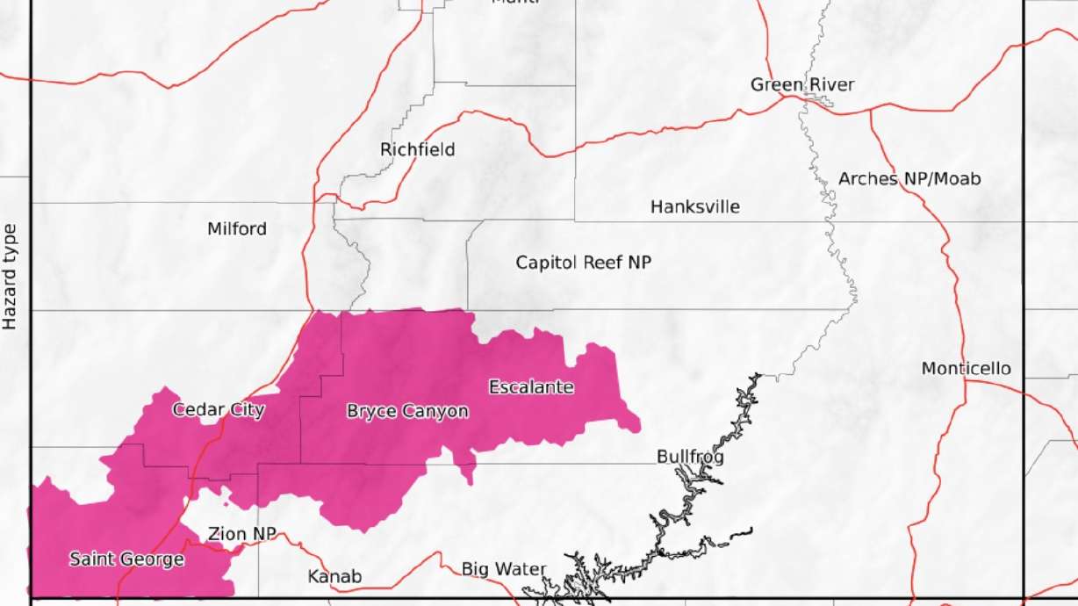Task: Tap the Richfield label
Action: [x=418, y=149]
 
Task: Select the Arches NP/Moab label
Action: [x=909, y=178]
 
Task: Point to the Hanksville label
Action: [x=695, y=207]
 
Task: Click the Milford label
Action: [x=237, y=229]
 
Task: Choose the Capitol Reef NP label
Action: [x=584, y=262]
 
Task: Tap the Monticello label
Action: [x=966, y=369]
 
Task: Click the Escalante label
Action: [x=531, y=387]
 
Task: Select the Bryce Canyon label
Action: [x=407, y=411]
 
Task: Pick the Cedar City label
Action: [x=219, y=410]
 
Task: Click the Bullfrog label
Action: [x=690, y=457]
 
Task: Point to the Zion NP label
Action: [x=242, y=534]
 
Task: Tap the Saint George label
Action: [x=126, y=559]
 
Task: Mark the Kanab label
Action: [x=334, y=577]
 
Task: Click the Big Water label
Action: [x=504, y=570]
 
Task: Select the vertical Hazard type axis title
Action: [x=10, y=277]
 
